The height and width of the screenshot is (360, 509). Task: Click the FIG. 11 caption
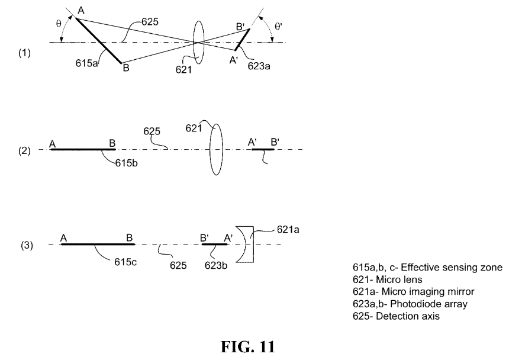click(247, 347)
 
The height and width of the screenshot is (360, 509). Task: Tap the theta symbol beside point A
click(59, 24)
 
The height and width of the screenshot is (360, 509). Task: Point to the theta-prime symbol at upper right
click(279, 26)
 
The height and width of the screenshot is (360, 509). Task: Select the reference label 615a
click(86, 63)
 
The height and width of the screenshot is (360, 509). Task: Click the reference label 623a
click(259, 66)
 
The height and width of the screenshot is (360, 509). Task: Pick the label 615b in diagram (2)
click(126, 163)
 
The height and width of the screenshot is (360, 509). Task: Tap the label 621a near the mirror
click(288, 230)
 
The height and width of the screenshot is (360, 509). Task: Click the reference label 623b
click(216, 265)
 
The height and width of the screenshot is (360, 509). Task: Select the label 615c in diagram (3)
click(125, 262)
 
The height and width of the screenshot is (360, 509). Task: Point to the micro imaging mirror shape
click(245, 244)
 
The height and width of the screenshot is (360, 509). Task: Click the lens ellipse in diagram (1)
click(199, 43)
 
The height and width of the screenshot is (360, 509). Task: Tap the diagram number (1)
click(24, 53)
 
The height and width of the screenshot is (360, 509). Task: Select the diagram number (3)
click(27, 245)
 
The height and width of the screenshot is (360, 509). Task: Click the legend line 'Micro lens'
click(387, 279)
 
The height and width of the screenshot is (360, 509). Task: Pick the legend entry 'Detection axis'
click(396, 316)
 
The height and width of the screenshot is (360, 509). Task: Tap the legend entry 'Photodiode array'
click(410, 304)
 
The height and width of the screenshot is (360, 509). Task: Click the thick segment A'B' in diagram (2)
click(263, 149)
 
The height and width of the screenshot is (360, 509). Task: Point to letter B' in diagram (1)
click(240, 27)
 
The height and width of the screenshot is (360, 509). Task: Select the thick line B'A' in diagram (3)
click(215, 244)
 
